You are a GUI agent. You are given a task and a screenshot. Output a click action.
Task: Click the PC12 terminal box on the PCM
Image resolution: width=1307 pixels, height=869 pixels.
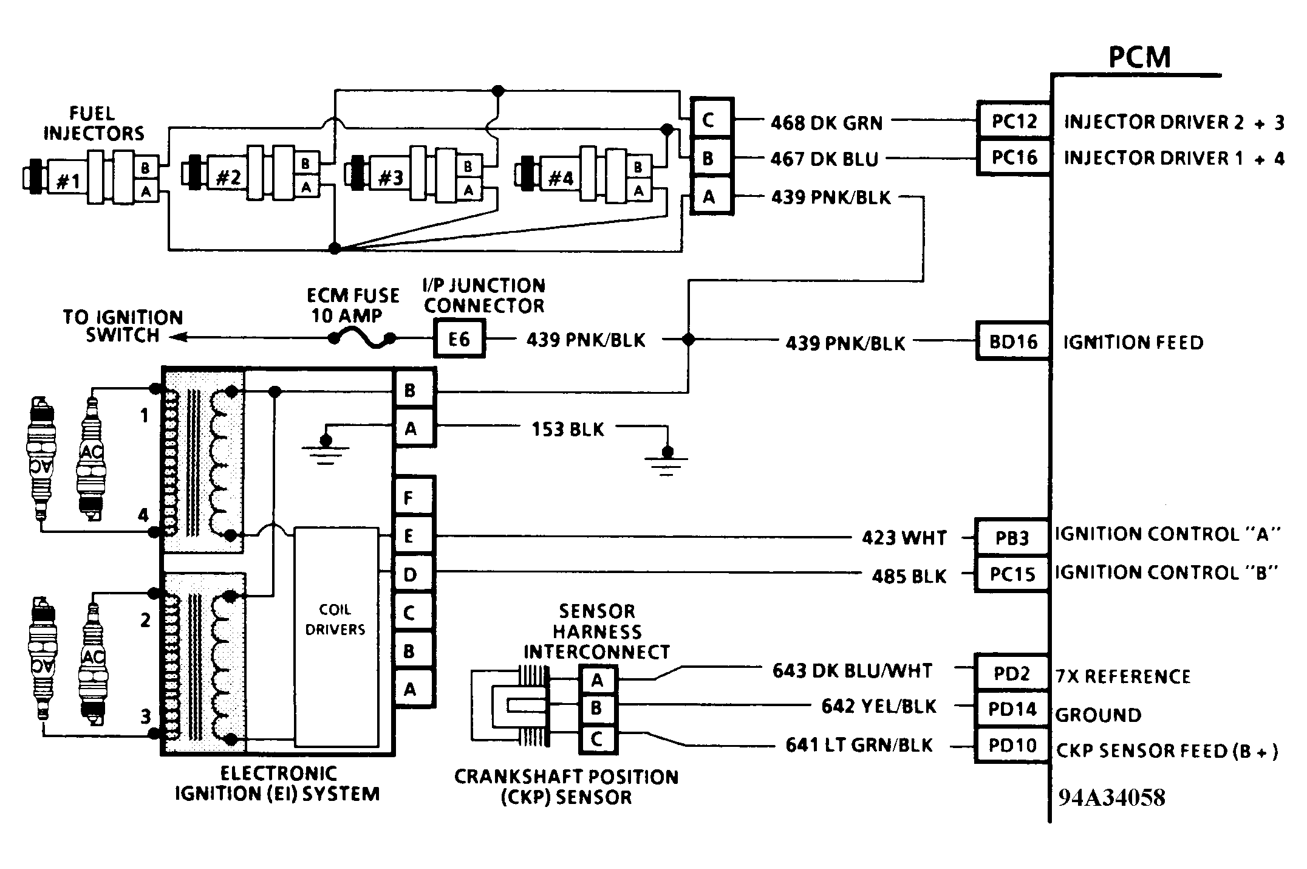[1014, 121]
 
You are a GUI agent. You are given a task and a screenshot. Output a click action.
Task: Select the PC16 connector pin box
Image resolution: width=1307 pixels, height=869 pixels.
[1014, 157]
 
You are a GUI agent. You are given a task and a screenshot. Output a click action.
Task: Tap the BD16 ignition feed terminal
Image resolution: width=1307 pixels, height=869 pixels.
[1012, 342]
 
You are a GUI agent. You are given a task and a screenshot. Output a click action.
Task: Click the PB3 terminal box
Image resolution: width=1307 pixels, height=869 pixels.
[1012, 538]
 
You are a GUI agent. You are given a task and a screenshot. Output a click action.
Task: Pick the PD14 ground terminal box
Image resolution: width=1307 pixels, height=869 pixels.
[1012, 709]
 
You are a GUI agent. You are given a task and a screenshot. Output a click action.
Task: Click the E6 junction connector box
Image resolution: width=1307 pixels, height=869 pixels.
[459, 339]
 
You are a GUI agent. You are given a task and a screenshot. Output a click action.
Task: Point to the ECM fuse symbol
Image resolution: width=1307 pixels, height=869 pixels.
[362, 339]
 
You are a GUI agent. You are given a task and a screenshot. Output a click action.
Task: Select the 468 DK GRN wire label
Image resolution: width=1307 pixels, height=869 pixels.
[826, 123]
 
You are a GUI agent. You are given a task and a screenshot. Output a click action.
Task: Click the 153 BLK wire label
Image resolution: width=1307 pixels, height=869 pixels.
[568, 430]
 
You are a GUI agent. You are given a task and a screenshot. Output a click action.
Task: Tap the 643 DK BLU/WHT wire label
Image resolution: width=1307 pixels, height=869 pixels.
[852, 671]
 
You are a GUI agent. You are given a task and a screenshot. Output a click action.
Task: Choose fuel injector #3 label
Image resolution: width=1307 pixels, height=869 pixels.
[391, 178]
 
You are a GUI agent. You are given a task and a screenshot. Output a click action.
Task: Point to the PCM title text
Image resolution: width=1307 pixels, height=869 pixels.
[1139, 57]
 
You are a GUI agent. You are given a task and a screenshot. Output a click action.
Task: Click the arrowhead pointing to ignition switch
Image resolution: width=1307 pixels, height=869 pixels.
[177, 337]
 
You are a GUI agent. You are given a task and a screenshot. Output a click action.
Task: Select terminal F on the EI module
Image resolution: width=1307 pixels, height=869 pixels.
[409, 498]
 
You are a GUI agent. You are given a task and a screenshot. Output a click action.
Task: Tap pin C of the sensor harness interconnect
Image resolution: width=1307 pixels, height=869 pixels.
[596, 740]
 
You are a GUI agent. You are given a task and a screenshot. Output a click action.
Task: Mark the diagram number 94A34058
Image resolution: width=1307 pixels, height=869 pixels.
[1111, 797]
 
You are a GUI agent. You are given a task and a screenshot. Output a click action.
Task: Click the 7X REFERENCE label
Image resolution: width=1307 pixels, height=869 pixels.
[1123, 676]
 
